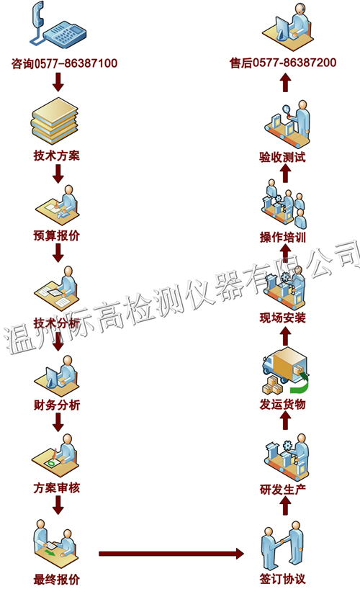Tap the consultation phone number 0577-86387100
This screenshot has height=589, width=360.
coord(76,63)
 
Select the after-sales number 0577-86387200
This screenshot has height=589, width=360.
coord(294,63)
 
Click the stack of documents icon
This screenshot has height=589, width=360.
coord(55,120)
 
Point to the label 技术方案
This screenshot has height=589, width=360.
coord(57,156)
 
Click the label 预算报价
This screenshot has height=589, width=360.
coord(57,235)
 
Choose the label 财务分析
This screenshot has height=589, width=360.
coord(57,405)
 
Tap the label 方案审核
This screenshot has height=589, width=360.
coord(57,488)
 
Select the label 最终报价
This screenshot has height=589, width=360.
coord(57,579)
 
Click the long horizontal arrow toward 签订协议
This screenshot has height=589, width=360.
coord(171,553)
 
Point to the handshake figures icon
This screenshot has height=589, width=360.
coord(282,545)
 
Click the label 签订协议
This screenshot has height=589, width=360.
coord(282,579)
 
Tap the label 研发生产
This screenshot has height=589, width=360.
coord(282,489)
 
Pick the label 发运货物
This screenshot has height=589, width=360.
coord(282,404)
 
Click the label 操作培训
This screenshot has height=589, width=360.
coord(282,237)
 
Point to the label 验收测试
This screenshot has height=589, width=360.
coord(282,157)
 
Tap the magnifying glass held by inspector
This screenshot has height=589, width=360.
coord(287,110)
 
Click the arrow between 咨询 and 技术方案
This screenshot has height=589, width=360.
coord(58,82)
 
